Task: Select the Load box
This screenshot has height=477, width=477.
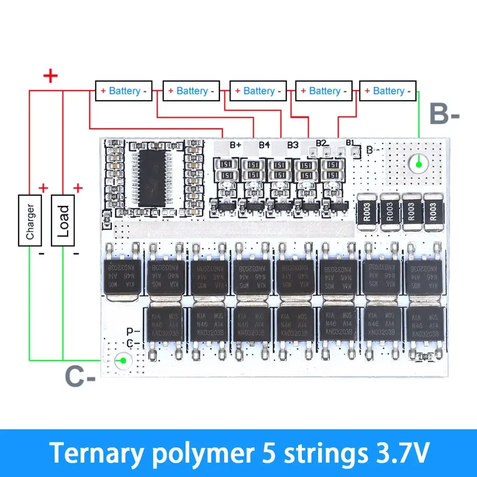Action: (63, 220)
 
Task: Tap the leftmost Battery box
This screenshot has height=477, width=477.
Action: (124, 91)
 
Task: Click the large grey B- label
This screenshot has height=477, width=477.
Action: (444, 115)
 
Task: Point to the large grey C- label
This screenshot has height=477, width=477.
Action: (80, 376)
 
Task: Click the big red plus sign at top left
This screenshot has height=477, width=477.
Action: (50, 76)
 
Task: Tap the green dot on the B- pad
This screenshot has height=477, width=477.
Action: (419, 165)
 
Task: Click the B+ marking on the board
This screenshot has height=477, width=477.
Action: (236, 145)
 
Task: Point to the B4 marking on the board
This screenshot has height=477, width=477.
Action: (264, 145)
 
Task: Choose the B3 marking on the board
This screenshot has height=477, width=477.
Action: (293, 145)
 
